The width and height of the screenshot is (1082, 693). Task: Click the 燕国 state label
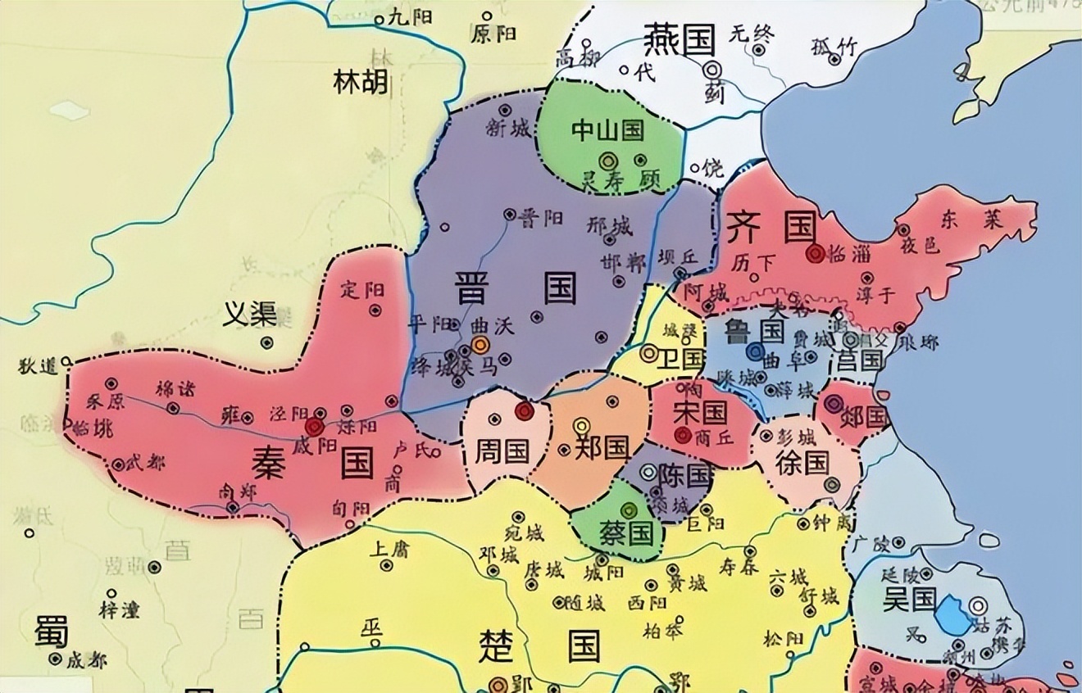coord(680,38)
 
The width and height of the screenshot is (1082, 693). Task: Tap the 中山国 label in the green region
coord(607,129)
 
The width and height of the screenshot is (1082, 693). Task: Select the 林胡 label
coord(361,82)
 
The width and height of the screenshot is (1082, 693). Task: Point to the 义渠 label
coord(250,312)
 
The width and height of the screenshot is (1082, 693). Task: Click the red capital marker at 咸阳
coord(313,427)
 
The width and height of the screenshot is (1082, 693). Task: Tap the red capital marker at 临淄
coord(814,254)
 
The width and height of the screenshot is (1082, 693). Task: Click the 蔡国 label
coord(630,533)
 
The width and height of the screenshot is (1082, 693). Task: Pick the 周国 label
coord(502,449)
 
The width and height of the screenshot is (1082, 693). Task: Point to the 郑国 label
coord(602,447)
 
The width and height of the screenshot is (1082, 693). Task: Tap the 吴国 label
coord(909,599)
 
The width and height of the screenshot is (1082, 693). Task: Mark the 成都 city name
coord(85,660)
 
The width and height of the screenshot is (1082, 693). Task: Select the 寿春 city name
coord(738,564)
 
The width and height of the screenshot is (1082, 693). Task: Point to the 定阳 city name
coord(361,289)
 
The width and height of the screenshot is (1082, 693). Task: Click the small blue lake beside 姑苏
coord(952,614)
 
